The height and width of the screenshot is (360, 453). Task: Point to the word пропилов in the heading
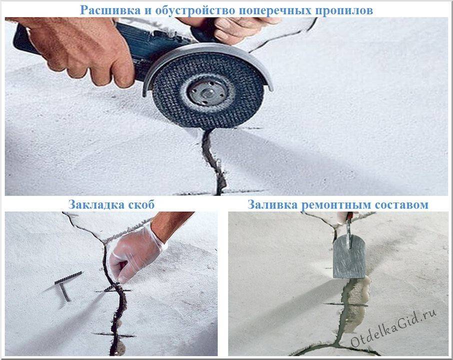tap(344, 10)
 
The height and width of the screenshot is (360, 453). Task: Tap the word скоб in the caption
tap(140, 204)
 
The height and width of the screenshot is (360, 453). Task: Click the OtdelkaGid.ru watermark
tap(393, 328)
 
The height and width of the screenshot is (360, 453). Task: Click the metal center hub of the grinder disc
tap(206, 92)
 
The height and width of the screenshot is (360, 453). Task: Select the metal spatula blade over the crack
tap(349, 256)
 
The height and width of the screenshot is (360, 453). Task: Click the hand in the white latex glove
tap(133, 252)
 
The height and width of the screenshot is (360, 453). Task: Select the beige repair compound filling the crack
tap(357, 303)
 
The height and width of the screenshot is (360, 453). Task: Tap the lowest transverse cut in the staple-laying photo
tap(113, 335)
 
